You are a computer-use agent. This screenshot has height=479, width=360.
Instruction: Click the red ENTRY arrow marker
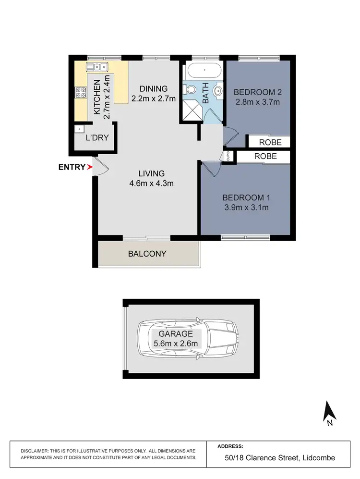89,167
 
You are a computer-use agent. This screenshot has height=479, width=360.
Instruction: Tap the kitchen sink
97,67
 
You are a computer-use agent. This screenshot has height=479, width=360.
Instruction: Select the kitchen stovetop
80,92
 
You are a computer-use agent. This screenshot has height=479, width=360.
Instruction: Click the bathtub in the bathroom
204,71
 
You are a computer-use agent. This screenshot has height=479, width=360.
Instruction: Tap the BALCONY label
147,254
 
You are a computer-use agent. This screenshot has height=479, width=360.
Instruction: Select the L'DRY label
97,138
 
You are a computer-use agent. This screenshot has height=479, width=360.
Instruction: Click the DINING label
154,88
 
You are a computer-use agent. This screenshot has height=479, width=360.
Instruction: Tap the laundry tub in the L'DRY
78,129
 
